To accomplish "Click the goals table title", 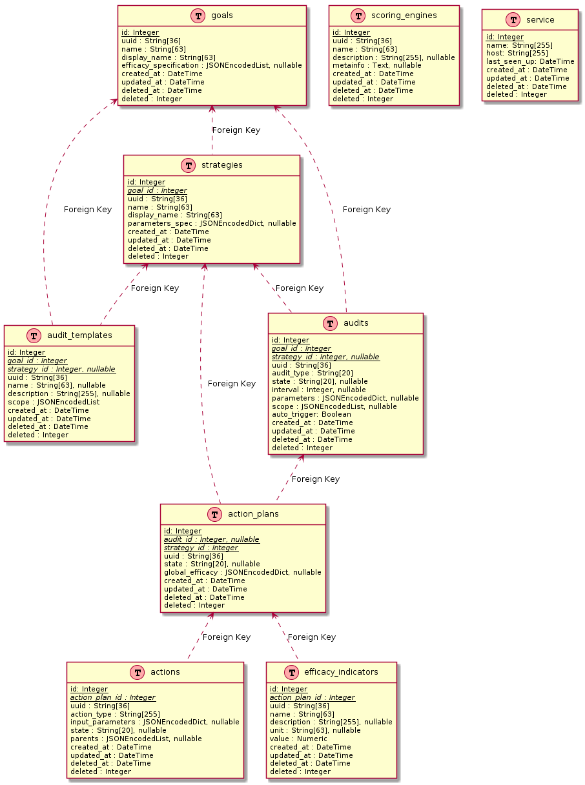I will pos(221,16).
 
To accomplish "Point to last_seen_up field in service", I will pos(530,61).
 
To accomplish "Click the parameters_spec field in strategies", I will pos(212,223).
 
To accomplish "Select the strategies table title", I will pos(221,165).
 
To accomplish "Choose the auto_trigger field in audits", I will pos(311,414).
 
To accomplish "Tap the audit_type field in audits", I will pos(313,373).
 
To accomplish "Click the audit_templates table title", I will pos(79,335).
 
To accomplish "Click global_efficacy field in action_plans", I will pos(243,572).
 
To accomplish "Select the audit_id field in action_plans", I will pos(212,539).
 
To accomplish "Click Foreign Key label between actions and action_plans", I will pos(227,637).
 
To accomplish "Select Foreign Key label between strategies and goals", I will pos(236,130).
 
